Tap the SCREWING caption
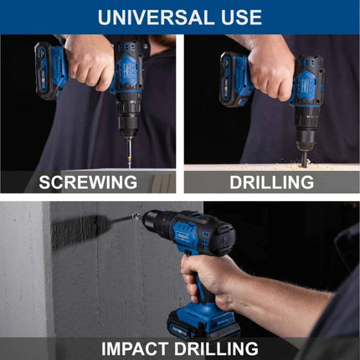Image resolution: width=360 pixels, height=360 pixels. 88,183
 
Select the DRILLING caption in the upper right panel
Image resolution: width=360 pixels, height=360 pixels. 271,183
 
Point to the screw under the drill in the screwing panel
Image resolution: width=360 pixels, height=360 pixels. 129,153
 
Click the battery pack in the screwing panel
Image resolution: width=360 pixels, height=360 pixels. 49,70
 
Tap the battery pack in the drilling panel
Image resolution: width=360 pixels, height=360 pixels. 235,80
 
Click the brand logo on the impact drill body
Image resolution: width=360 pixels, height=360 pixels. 183,237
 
